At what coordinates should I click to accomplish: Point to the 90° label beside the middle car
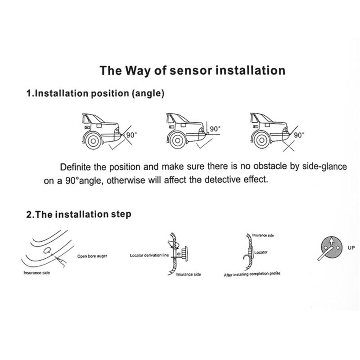tap(215, 129)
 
